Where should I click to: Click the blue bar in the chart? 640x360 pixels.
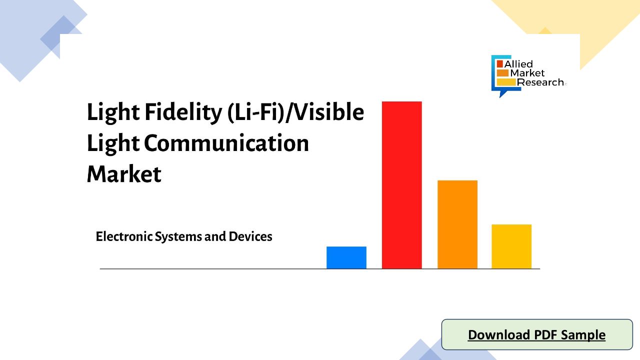(346, 257)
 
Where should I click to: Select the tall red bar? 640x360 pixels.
(401, 185)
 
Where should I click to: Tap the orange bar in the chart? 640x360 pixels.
(457, 224)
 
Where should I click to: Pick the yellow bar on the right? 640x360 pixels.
(511, 246)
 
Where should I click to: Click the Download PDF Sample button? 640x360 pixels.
(537, 334)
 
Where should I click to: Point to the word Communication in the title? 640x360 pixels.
(226, 143)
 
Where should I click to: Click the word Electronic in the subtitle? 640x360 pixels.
(124, 236)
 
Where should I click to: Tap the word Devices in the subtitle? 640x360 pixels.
(250, 236)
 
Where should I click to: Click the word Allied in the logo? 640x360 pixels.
(518, 64)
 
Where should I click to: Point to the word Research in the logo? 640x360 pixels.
(540, 82)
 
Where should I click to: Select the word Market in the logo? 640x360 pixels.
(527, 73)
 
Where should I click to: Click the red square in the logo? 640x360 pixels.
(499, 63)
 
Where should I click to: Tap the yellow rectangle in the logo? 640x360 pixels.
(506, 82)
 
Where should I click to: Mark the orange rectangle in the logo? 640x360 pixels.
(502, 73)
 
